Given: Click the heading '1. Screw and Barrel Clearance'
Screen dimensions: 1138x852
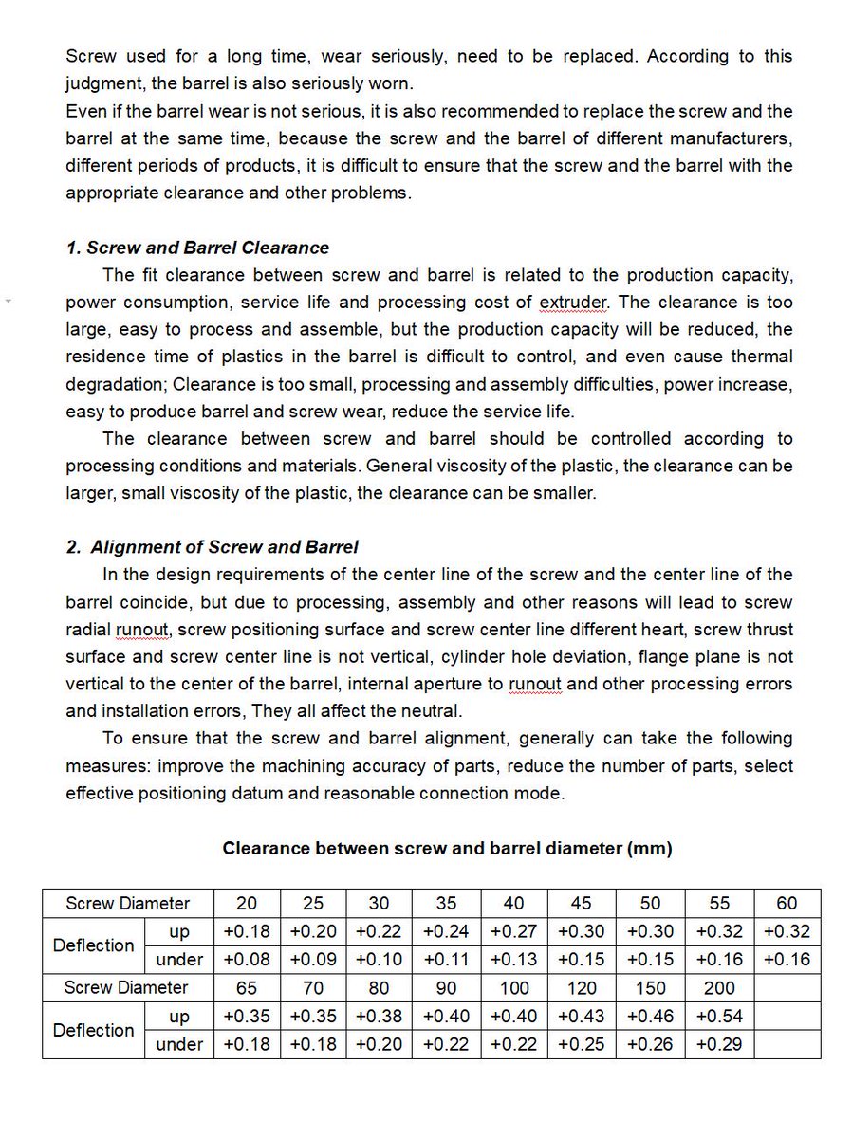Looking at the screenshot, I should (197, 248).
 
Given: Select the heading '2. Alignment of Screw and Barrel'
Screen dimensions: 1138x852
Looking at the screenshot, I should (213, 547).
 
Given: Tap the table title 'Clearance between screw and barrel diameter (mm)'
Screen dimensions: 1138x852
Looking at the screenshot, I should (447, 849).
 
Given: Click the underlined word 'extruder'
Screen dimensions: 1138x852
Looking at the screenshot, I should (574, 303).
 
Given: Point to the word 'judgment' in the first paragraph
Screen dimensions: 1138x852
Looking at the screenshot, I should (103, 83).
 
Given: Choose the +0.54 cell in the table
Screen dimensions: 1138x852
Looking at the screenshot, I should (719, 1016).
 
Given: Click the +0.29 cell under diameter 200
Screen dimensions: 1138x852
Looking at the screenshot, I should (719, 1044).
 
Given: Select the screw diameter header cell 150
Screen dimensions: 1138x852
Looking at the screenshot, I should (651, 988).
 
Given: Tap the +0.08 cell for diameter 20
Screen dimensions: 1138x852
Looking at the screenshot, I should (247, 959).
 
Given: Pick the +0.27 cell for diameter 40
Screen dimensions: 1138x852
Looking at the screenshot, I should (514, 931).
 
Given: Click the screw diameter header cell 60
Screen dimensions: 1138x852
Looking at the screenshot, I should (787, 903).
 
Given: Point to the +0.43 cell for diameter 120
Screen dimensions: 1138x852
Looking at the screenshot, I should (583, 1016).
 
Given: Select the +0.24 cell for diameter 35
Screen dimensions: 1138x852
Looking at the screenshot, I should (446, 931).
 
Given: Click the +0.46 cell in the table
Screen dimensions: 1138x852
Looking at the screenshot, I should (651, 1016).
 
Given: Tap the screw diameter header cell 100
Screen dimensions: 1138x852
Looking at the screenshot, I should (514, 988).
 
